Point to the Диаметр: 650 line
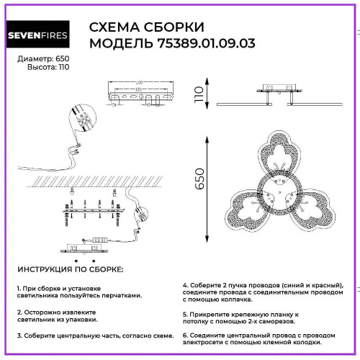click(33, 59)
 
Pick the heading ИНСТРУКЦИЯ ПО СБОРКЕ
click(70, 269)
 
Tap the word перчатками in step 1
click(119, 295)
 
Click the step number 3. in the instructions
click(20, 336)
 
